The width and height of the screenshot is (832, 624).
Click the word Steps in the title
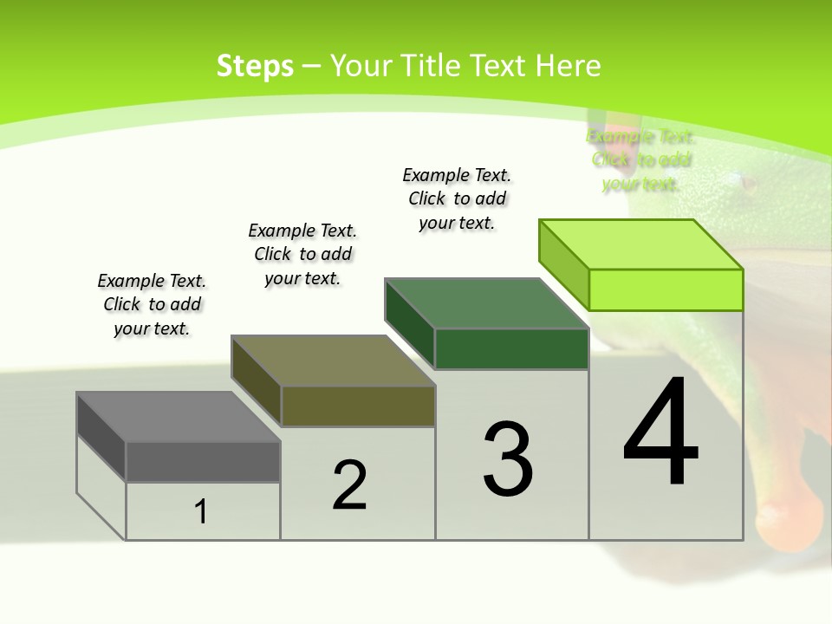[x=254, y=66]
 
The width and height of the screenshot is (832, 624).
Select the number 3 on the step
[x=508, y=459]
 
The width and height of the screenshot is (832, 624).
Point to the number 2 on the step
[x=349, y=485]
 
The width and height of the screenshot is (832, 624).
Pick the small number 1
[x=201, y=511]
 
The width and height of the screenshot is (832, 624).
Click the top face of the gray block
[x=178, y=417]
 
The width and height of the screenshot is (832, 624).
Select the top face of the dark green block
[x=486, y=303]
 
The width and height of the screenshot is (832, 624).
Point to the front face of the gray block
[x=203, y=461]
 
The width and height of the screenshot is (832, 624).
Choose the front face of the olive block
[x=358, y=406]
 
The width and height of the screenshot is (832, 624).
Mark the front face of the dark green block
[x=511, y=348]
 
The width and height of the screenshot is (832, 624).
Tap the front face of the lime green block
[x=666, y=289]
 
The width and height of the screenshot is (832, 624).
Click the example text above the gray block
[x=152, y=304]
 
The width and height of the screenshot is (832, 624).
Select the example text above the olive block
[x=302, y=254]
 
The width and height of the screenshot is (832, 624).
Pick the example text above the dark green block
[x=457, y=198]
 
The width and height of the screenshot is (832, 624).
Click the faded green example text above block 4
[x=640, y=159]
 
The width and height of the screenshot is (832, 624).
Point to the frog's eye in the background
[x=747, y=183]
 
